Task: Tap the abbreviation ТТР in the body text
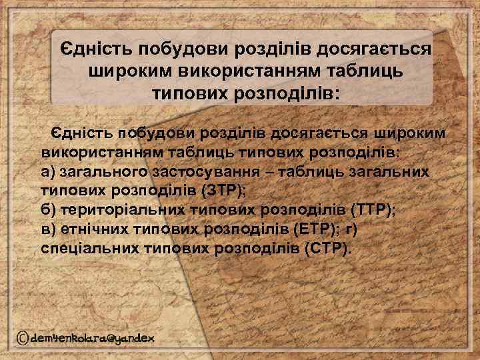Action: pos(372,209)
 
